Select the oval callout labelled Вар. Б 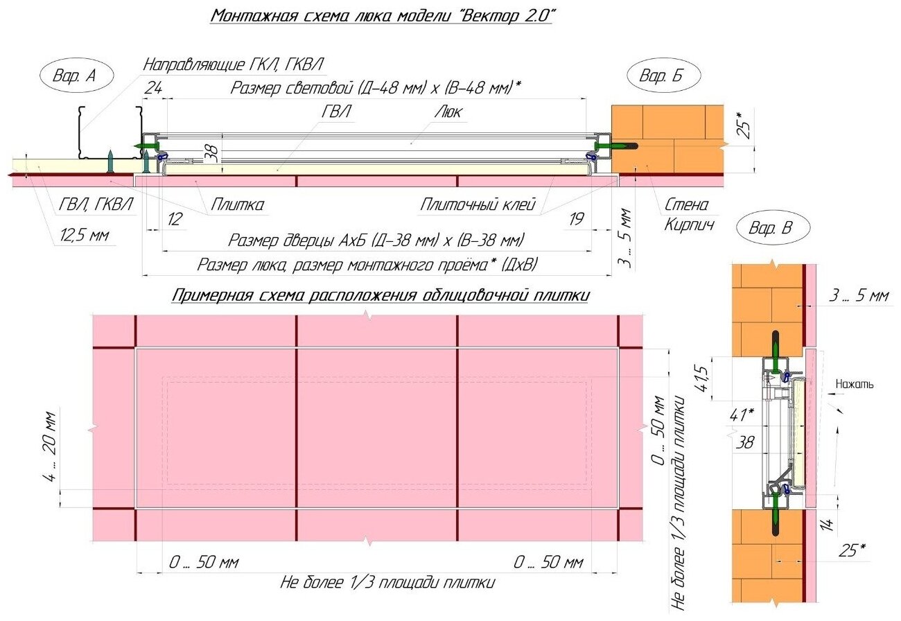pos(663,76)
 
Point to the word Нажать pos(855,383)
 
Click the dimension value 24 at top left pos(153,88)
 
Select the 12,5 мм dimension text pos(84,236)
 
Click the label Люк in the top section pos(450,112)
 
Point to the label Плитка pos(238,205)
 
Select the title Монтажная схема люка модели pos(382,15)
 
